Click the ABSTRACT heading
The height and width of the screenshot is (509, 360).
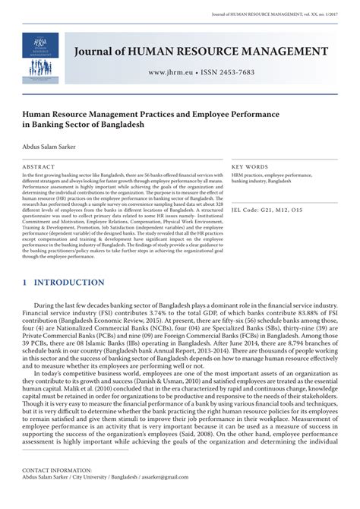point(39,166)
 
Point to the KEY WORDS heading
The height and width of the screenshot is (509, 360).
point(251,166)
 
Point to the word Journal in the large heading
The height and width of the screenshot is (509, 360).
point(98,52)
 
